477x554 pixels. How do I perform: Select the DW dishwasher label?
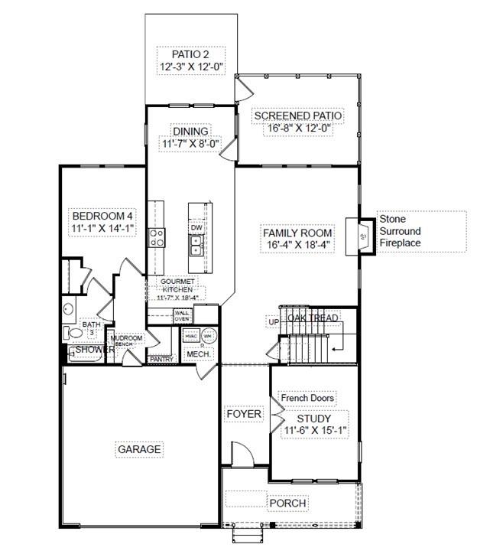tap(196, 227)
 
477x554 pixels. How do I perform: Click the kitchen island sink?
tap(196, 245)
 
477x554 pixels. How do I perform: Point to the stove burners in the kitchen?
tap(157, 237)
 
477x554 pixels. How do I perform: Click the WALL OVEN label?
tap(182, 315)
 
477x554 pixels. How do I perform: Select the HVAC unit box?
tap(191, 336)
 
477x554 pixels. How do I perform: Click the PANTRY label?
tap(161, 358)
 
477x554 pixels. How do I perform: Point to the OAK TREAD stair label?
tap(313, 318)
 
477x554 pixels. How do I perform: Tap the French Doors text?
tap(307, 399)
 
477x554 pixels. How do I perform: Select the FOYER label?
tap(244, 414)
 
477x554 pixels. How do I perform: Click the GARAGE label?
tap(139, 449)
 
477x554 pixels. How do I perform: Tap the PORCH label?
tap(287, 503)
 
